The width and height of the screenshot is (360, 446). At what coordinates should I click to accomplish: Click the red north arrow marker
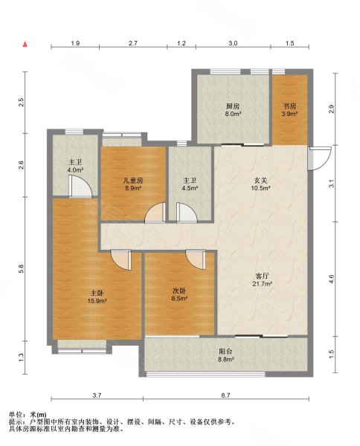coord(25,44)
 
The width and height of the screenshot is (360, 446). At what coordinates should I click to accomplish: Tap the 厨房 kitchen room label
coord(233,106)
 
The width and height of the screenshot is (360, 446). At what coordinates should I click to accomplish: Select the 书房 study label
coord(289,106)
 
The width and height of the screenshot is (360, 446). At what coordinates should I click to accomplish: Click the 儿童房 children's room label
coord(133,181)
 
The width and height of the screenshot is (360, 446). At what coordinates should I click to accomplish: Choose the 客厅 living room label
coord(262,276)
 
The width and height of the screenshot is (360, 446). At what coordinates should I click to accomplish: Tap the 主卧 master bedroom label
coord(97,293)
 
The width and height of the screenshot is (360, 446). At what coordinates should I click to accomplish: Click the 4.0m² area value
coord(75,170)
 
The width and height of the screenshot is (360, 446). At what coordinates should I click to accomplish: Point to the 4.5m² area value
coord(190,188)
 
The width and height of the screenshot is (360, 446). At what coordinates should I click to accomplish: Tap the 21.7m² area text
coord(262,284)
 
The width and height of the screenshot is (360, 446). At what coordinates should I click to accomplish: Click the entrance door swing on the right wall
coord(319,158)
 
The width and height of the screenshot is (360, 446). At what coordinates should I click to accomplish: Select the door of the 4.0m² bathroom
coord(80,187)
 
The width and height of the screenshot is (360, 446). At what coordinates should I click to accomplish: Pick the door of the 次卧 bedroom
coord(196,259)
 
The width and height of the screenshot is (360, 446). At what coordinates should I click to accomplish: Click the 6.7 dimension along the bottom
coord(225,395)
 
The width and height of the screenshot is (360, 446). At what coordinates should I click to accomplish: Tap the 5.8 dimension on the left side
coord(21,269)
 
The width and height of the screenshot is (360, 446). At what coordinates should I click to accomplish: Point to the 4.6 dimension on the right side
coord(331,279)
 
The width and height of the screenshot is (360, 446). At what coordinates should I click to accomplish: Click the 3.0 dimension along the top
coord(233,43)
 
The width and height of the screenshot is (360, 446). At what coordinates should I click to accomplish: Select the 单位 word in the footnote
coord(15,415)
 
